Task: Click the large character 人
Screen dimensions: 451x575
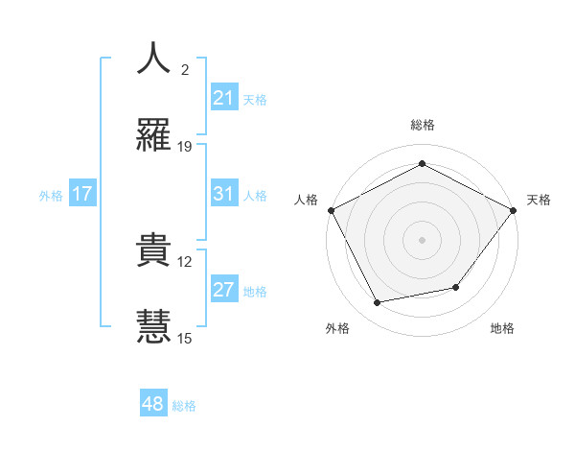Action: (x=153, y=58)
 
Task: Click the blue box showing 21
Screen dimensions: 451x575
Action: (x=223, y=97)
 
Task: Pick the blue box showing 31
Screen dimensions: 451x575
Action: (x=223, y=194)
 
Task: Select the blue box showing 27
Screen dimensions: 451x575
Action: (x=223, y=290)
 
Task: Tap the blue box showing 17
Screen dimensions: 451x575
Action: (x=82, y=194)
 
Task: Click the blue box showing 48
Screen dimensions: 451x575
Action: (x=153, y=404)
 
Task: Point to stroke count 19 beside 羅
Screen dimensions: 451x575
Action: (x=185, y=147)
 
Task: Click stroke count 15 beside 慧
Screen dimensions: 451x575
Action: (x=185, y=338)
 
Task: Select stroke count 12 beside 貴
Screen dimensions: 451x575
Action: (x=185, y=261)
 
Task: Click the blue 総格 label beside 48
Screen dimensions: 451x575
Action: (x=184, y=406)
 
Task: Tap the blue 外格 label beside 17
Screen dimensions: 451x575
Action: (x=51, y=195)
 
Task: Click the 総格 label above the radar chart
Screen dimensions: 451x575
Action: (x=423, y=125)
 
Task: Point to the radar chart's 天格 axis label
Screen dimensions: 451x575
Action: (x=539, y=200)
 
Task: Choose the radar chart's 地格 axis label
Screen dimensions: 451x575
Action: (x=502, y=328)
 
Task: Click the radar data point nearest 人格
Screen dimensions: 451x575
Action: (x=331, y=209)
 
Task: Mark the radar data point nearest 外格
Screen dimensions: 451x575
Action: (x=378, y=303)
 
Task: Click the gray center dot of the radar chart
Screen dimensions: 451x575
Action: (x=423, y=239)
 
